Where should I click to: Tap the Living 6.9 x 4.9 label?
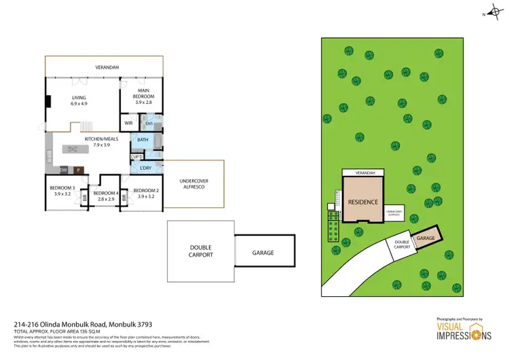tap(79, 101)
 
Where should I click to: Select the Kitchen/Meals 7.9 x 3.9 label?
tap(101, 142)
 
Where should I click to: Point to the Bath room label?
tap(143, 140)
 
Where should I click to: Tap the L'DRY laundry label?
tap(145, 168)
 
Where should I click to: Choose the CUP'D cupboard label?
tap(136, 157)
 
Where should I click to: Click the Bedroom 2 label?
tap(146, 193)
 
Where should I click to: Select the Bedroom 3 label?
tap(62, 190)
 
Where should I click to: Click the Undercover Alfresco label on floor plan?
tap(192, 183)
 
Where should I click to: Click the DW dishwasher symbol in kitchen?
tap(63, 170)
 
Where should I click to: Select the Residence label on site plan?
tap(364, 202)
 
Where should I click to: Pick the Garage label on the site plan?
tap(426, 238)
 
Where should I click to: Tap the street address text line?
tap(73, 325)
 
